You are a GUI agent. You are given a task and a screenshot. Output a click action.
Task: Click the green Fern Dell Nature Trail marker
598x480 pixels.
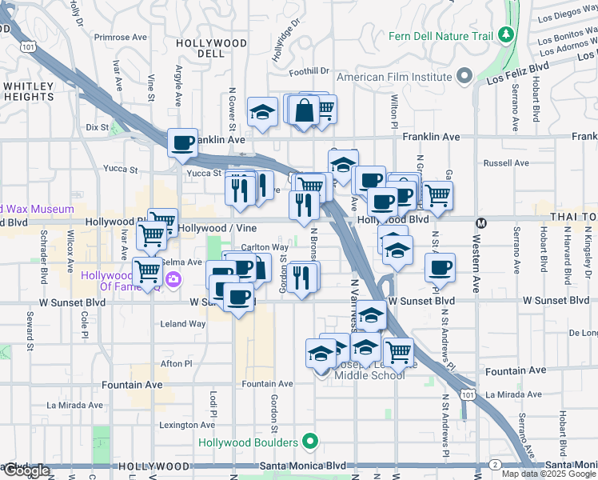[x=505, y=35]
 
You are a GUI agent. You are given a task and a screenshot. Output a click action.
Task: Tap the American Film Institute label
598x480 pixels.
[x=395, y=77]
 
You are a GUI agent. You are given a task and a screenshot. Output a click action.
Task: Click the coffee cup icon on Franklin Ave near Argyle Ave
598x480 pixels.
[x=183, y=142]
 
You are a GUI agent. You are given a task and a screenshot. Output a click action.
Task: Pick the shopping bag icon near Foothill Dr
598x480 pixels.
[x=305, y=111]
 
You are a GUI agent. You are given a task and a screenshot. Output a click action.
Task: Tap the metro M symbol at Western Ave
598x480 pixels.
[x=481, y=223]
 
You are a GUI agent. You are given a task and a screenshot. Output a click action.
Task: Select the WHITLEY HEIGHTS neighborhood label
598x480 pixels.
[x=29, y=90]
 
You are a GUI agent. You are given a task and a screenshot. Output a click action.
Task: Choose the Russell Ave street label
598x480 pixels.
[x=507, y=162]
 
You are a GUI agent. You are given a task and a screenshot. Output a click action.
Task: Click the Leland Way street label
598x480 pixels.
[x=183, y=324]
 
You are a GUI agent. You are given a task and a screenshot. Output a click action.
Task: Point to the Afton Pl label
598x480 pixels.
[x=177, y=363]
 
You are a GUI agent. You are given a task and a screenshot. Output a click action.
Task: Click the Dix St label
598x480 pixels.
[x=97, y=126]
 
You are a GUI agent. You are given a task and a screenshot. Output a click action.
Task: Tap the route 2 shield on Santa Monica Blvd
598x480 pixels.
[x=496, y=465]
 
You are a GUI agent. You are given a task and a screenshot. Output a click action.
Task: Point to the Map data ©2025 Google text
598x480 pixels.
[x=548, y=474]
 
